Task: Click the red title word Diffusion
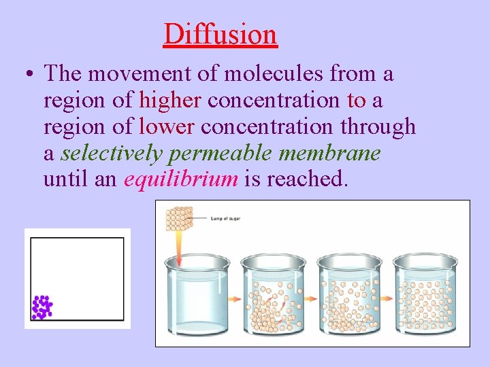pos(220,34)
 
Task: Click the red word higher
pos(170,101)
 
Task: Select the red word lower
pos(167,127)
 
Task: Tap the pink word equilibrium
pos(180,180)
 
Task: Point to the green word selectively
pos(111,154)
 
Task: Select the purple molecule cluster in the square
pos(42,307)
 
